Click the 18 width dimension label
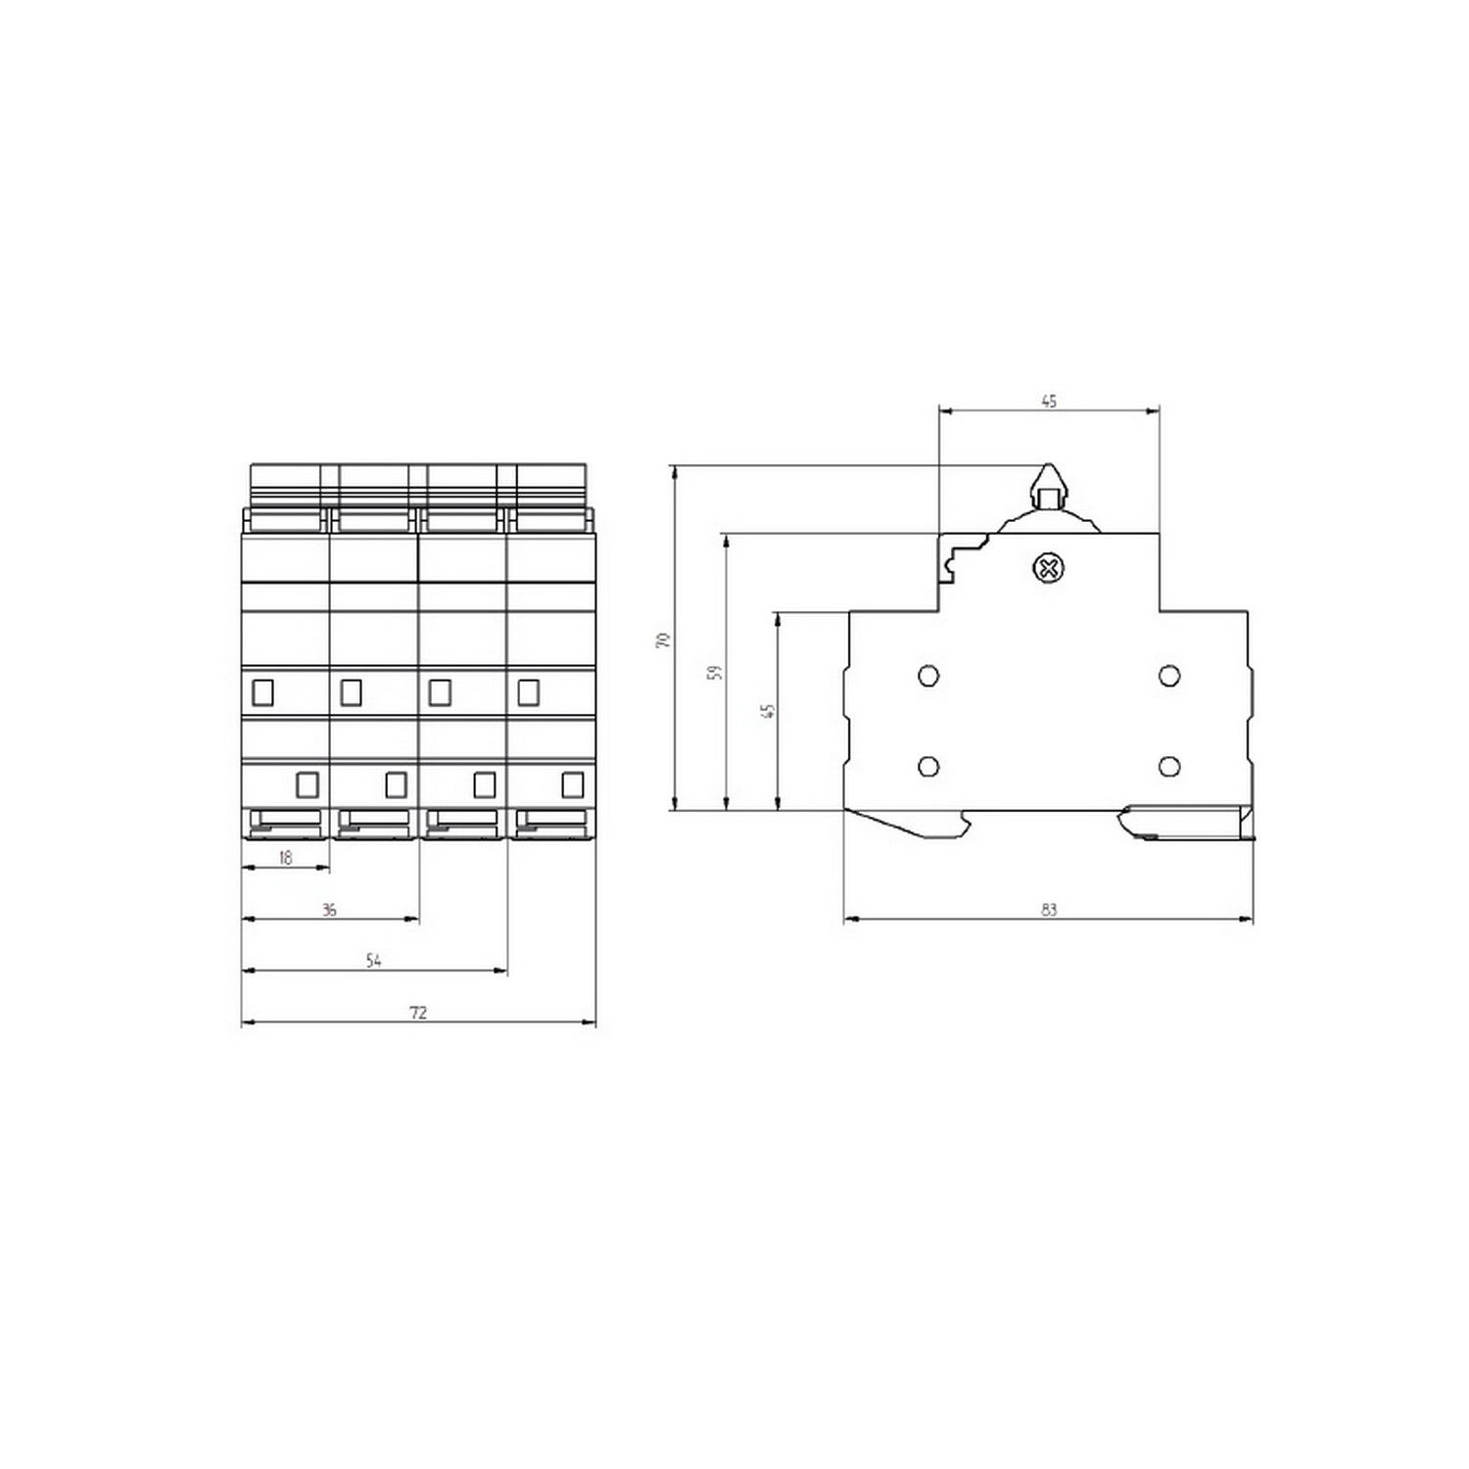(x=285, y=858)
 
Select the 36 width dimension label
(x=329, y=910)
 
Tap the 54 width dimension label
(x=373, y=961)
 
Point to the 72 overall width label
(x=418, y=1013)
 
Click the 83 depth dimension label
(x=1049, y=910)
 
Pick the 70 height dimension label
(x=663, y=640)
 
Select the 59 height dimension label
(x=715, y=673)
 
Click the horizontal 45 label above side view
(x=1049, y=401)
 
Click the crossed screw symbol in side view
(x=1049, y=568)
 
